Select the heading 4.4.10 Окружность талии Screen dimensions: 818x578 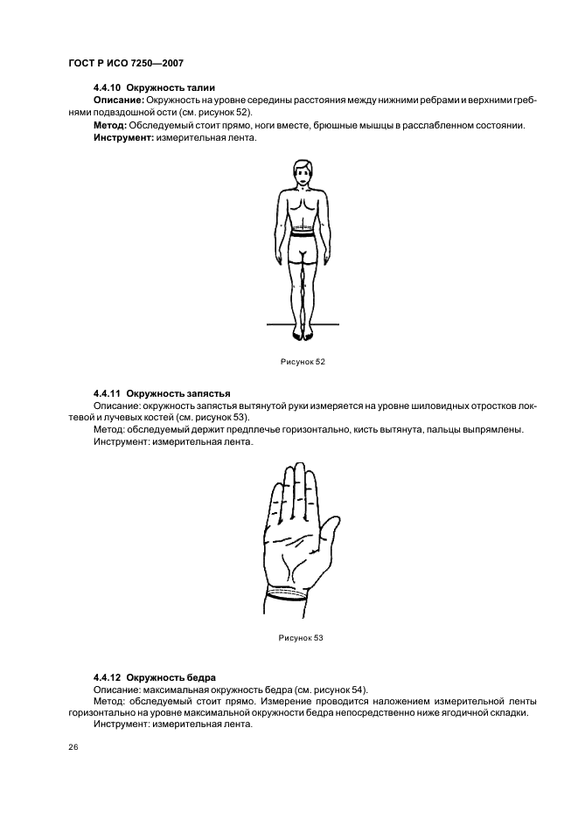click(x=154, y=88)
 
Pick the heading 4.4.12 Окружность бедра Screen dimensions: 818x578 click(x=154, y=677)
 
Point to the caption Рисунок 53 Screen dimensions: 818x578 click(x=301, y=638)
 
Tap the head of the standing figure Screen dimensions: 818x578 click(x=303, y=174)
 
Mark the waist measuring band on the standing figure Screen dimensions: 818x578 click(x=303, y=233)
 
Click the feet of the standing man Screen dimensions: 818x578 click(x=303, y=332)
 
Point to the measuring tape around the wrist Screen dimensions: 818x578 click(x=287, y=596)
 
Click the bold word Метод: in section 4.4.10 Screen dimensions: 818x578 click(x=109, y=125)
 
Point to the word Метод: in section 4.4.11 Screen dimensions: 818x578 click(x=108, y=430)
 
